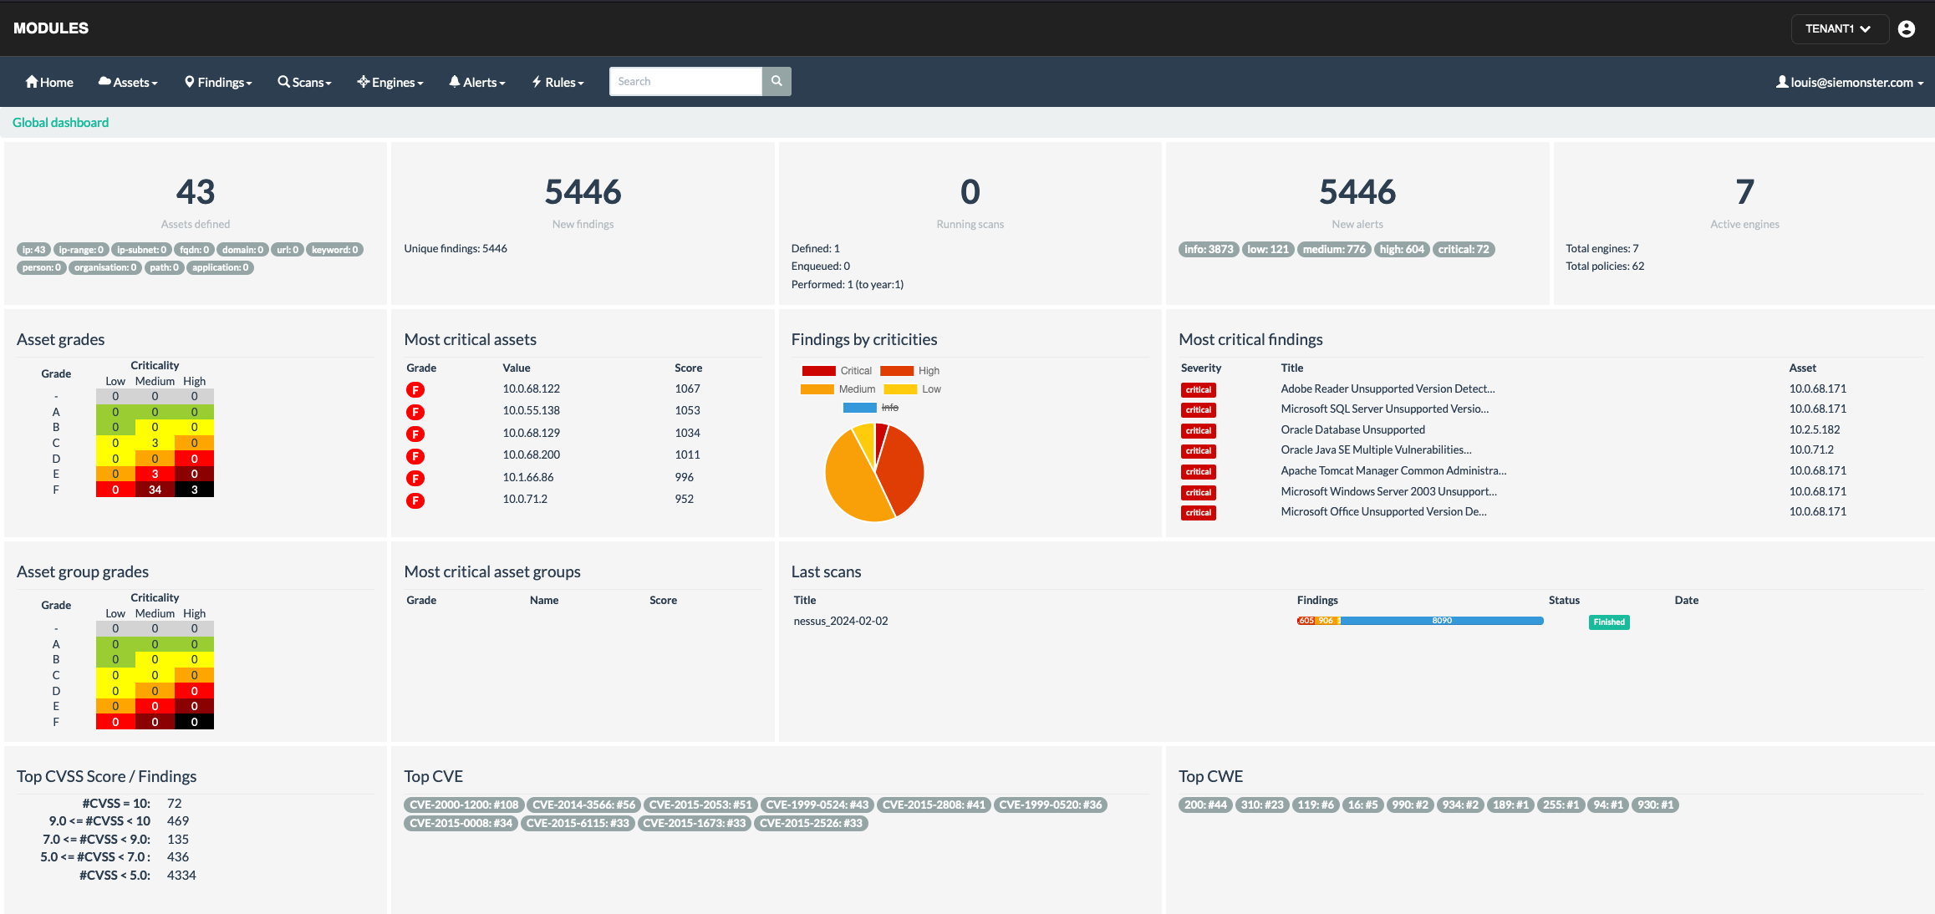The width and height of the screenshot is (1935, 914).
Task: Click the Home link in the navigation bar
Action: tap(49, 82)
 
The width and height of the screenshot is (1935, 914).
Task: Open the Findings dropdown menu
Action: tap(218, 82)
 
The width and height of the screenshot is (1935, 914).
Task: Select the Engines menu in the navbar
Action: tap(390, 82)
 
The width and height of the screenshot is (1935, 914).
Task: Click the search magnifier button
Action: tap(777, 81)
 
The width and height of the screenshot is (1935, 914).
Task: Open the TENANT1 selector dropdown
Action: tap(1838, 28)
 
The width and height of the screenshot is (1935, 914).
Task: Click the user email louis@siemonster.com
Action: tap(1850, 82)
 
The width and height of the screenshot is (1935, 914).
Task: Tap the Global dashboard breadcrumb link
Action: tap(60, 123)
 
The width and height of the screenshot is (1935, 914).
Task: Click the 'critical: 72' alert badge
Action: tap(1463, 249)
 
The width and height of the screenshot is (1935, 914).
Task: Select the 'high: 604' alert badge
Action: tap(1402, 249)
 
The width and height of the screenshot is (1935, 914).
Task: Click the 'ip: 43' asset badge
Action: tap(33, 250)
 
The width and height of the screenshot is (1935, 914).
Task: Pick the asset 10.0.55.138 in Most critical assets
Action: tap(531, 410)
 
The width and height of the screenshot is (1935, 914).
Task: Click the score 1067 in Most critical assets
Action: tap(687, 388)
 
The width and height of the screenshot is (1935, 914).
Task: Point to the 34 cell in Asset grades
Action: tap(155, 490)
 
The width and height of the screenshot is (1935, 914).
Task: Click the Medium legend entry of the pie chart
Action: tap(838, 389)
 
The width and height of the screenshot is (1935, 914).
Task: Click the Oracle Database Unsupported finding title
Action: tap(1352, 429)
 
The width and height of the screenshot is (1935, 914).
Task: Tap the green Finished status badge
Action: tap(1608, 622)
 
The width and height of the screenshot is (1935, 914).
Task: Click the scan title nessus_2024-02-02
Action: tap(840, 621)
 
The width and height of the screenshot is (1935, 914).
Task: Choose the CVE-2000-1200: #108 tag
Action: tap(464, 805)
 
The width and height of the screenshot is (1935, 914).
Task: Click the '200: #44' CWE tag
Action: tap(1204, 805)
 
